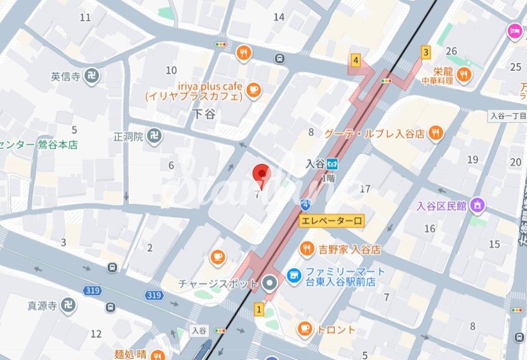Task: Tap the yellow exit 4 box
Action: click(x=355, y=61)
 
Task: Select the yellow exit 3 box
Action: click(x=425, y=51)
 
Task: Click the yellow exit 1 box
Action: click(x=259, y=310)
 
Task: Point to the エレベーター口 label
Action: click(x=332, y=221)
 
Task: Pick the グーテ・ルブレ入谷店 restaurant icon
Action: click(x=436, y=134)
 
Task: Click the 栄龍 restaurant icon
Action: click(x=464, y=76)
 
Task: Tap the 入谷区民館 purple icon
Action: click(x=477, y=206)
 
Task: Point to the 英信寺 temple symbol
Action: click(x=91, y=76)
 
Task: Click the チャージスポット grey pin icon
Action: click(x=269, y=282)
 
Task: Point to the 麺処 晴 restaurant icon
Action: click(x=158, y=354)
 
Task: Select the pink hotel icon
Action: click(x=515, y=30)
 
